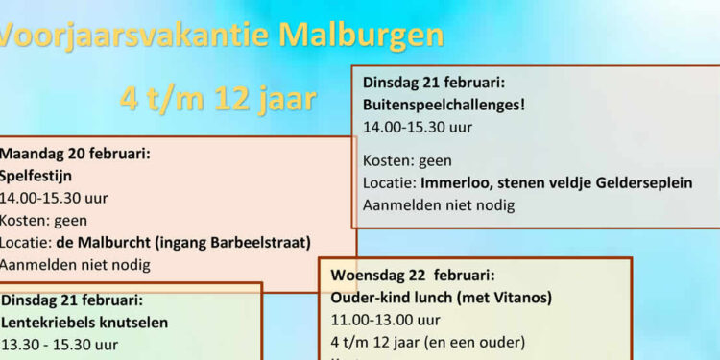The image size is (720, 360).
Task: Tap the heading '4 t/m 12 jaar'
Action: click(x=219, y=98)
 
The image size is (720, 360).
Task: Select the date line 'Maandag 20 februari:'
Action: click(x=75, y=153)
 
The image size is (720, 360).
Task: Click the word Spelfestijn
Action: click(x=36, y=176)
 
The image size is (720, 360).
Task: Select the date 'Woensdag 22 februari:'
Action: click(x=413, y=275)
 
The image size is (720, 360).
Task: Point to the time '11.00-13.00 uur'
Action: click(x=386, y=320)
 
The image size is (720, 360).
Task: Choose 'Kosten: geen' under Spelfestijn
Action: click(x=43, y=220)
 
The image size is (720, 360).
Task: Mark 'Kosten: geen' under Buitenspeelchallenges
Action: click(x=407, y=160)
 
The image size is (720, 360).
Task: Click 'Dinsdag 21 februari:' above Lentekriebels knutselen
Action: click(x=72, y=300)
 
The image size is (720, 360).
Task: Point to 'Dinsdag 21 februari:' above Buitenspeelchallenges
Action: click(x=434, y=82)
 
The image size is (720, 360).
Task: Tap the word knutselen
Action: click(x=135, y=322)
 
